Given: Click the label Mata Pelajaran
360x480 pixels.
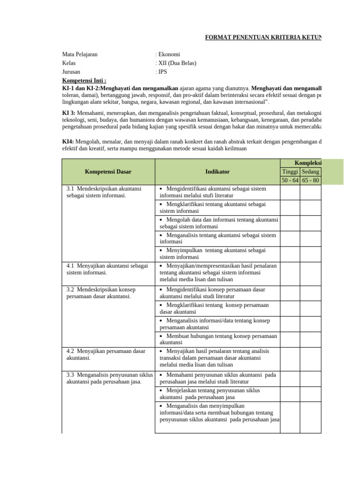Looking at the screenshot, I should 80,54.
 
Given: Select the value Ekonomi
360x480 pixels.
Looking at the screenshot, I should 169,54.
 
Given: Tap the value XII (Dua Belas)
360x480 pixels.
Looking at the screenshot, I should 177,63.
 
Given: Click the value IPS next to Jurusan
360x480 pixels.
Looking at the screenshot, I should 162,72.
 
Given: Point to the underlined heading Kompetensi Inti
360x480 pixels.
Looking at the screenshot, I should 84,81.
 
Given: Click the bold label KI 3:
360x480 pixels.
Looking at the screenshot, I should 68,113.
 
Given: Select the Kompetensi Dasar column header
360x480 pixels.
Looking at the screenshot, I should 108,172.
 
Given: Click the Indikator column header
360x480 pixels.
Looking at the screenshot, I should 217,172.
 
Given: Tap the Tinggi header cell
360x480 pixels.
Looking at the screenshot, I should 290,172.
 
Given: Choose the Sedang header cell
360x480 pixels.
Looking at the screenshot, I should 310,172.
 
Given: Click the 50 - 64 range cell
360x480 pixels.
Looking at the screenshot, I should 290,180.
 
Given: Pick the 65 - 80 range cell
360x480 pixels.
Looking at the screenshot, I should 310,180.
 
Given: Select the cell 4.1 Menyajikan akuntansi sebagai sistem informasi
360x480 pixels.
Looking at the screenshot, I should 107,269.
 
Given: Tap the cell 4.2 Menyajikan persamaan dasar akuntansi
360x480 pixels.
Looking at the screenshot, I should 106,354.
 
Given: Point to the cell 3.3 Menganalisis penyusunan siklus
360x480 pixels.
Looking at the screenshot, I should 110,378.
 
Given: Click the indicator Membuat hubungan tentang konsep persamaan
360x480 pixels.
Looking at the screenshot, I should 218,339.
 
